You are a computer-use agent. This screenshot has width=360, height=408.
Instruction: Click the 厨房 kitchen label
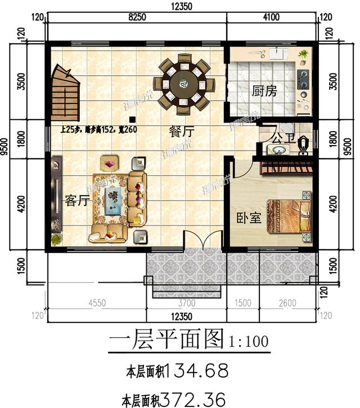point(264,91)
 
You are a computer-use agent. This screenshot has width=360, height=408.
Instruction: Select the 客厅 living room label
point(77,201)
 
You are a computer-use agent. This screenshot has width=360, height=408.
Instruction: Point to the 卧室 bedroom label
point(248,217)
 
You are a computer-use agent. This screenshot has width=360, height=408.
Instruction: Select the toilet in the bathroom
point(304,143)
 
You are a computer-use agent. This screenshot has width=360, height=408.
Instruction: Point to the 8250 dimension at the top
point(138,17)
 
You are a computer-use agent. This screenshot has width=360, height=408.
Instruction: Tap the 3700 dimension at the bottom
point(187,303)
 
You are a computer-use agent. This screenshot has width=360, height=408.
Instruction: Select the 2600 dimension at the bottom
point(287,303)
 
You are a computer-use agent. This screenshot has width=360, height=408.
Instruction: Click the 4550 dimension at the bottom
point(97,303)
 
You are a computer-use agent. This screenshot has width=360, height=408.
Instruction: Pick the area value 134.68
point(193,371)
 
